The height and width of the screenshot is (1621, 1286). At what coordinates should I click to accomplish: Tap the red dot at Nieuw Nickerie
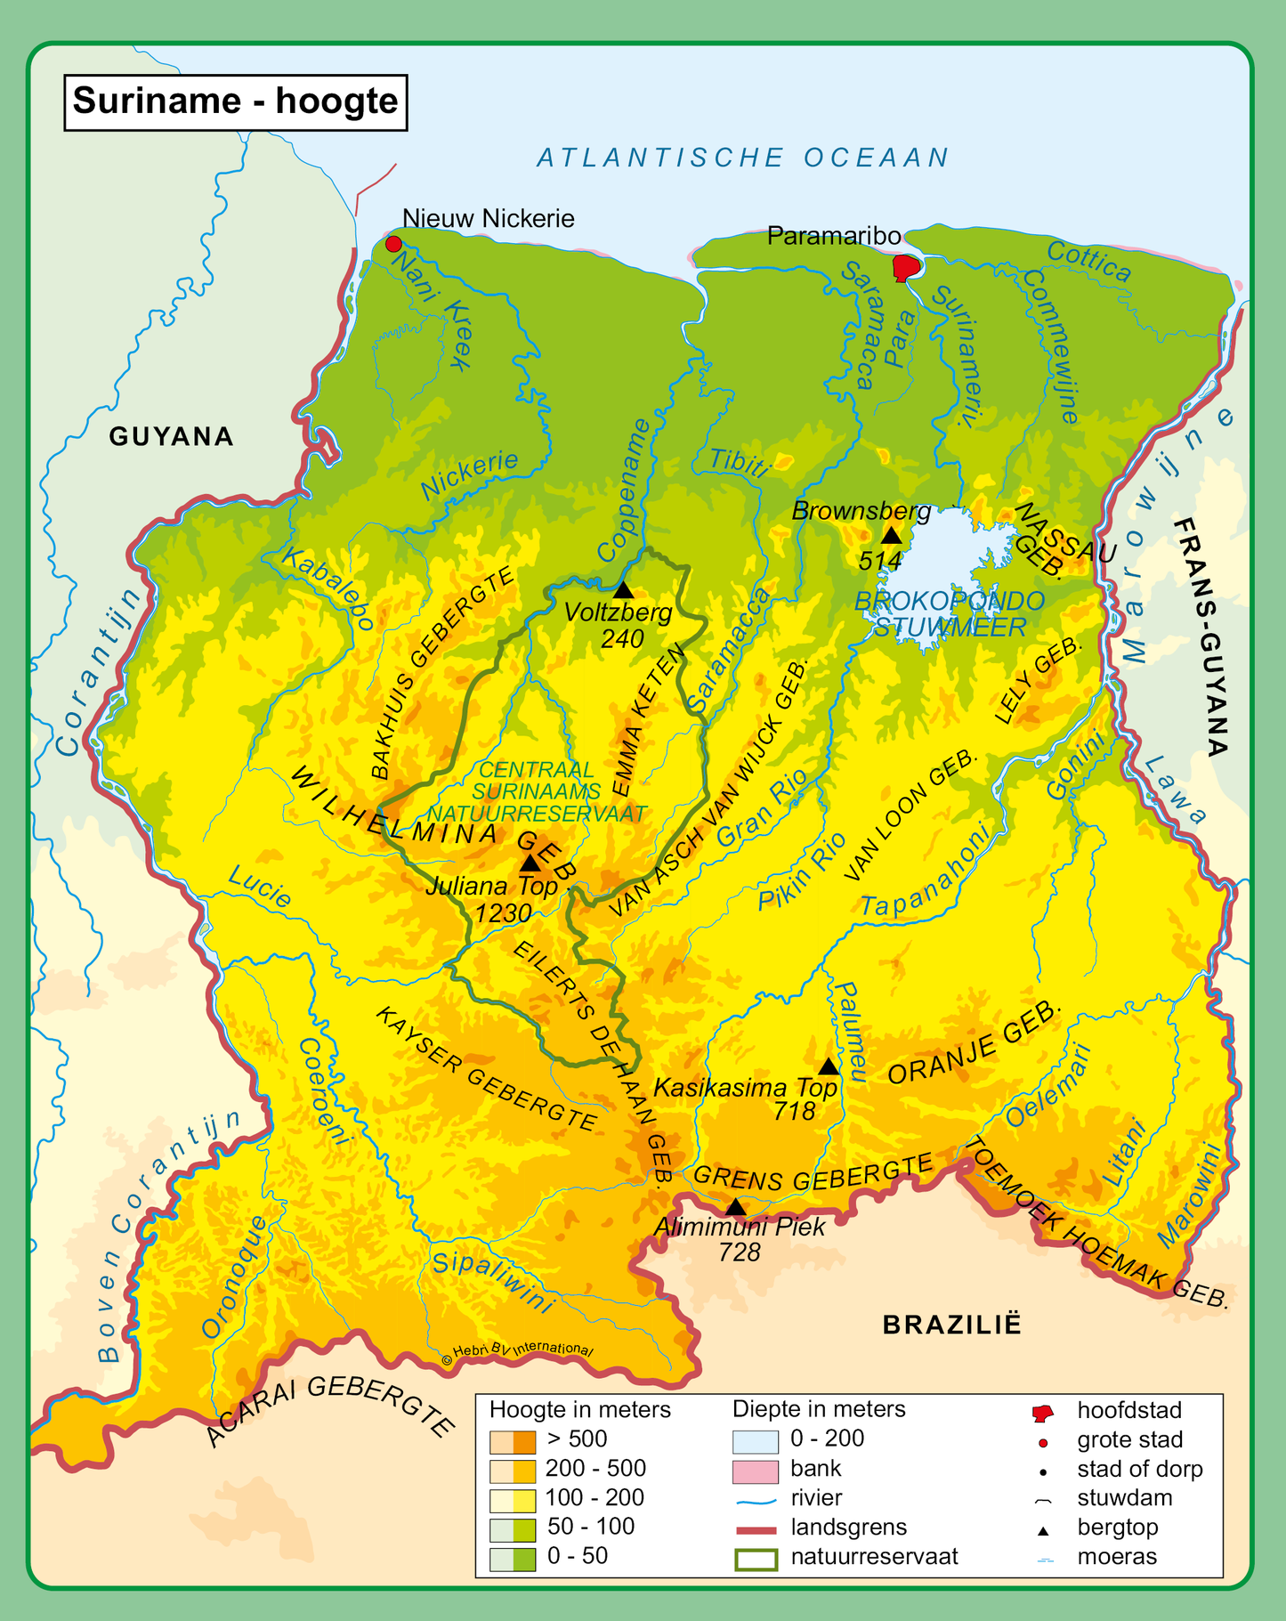click(392, 244)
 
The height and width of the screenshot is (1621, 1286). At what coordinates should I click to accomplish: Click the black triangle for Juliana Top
click(530, 863)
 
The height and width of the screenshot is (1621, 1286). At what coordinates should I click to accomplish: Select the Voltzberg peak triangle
click(623, 590)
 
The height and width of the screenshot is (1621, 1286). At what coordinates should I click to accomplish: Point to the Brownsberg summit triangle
click(891, 535)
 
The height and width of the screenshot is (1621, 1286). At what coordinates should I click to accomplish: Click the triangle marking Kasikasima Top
click(829, 1066)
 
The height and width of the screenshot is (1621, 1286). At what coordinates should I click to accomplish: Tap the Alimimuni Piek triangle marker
click(735, 1207)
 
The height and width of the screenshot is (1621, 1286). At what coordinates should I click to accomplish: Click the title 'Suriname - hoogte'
click(235, 101)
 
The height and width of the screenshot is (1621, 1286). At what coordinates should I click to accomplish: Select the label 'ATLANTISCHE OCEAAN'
click(743, 158)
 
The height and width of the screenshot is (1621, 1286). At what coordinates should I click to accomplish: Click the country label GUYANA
click(171, 436)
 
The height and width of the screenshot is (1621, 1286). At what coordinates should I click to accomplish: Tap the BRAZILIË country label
click(951, 1325)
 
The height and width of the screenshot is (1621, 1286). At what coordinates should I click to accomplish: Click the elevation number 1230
click(503, 913)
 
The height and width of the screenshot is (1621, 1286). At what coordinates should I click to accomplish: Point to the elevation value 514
click(880, 561)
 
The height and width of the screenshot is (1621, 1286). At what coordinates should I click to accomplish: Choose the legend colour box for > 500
click(513, 1439)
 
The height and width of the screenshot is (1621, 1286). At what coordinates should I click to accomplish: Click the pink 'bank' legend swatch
click(756, 1469)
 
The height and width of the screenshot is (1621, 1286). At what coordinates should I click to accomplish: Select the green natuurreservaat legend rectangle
click(756, 1557)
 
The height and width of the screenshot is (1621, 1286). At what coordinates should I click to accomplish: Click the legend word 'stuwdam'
click(1124, 1498)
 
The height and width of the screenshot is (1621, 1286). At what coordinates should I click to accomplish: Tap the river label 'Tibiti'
click(739, 463)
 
